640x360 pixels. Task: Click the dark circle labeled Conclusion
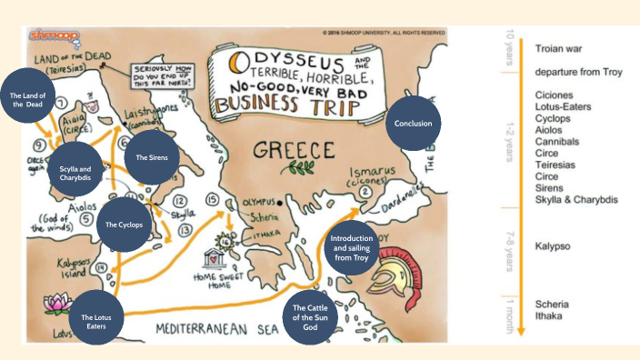(x=413, y=123)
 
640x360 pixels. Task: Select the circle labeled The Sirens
(x=151, y=157)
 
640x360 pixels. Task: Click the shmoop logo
(x=42, y=34)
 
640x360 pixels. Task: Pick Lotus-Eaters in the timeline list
(x=564, y=106)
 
